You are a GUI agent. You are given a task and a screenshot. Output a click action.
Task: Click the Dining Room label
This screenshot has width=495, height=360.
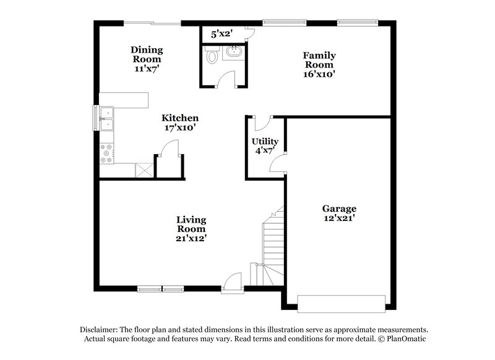coord(147,54)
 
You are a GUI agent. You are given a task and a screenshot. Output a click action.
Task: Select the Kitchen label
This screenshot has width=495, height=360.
coord(180,118)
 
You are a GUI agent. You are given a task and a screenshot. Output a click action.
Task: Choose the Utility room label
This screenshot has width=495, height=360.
coord(265,142)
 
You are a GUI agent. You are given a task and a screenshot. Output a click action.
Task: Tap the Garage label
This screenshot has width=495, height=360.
coord(339,208)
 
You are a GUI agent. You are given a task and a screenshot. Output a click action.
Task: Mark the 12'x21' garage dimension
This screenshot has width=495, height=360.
coord(339,218)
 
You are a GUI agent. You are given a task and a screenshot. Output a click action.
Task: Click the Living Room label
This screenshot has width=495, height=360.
coord(191,224)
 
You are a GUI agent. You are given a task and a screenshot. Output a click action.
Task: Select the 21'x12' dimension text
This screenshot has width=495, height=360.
coord(191,238)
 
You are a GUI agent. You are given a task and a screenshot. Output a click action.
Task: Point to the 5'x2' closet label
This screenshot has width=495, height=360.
coord(221,35)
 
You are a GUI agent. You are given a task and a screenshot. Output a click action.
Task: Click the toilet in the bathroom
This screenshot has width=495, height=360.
coord(212,57)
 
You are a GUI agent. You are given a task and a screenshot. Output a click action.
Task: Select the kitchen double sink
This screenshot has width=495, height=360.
coord(107,119)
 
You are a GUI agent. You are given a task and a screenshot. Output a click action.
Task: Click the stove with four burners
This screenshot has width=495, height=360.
coord(106,153)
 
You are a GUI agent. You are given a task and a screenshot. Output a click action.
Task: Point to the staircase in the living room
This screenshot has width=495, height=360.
coord(272,244)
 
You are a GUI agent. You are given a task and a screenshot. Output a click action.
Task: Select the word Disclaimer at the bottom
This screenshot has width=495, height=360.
coord(101,330)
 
